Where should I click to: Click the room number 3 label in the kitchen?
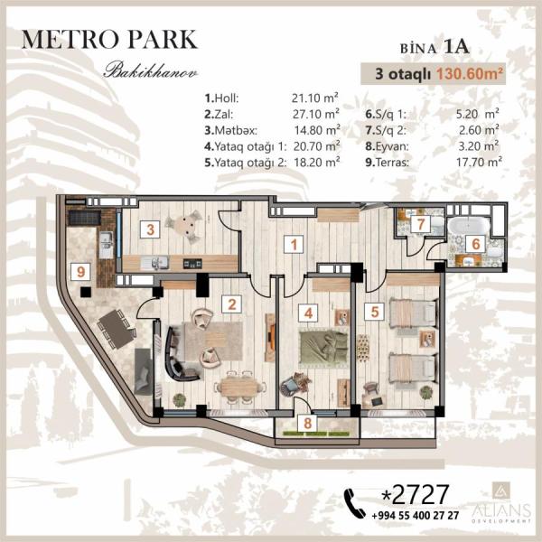coord(150,229)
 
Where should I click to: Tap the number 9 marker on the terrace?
coord(80,271)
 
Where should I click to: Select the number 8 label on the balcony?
coord(308,423)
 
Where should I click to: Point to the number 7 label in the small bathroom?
coord(421,224)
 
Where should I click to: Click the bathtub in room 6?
coord(469,227)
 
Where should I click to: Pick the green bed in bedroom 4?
coord(322,349)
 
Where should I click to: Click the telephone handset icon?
coord(355,503)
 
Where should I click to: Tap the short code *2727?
coord(415,494)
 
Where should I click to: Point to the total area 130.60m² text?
coord(469,74)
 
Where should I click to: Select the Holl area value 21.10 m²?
coord(314,98)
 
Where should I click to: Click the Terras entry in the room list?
coord(388,162)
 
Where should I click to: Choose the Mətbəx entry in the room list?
coord(231,130)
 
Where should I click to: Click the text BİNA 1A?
coord(435,47)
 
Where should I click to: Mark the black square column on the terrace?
coord(86,292)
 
